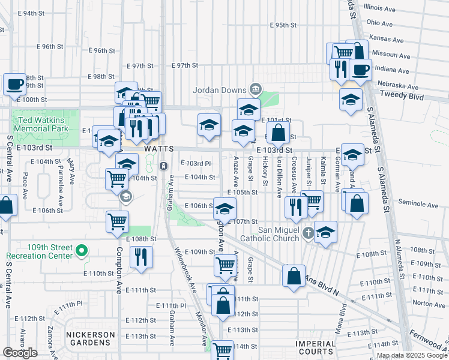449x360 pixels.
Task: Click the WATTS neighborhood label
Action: (x=158, y=149)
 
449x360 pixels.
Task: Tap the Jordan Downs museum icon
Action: (x=256, y=89)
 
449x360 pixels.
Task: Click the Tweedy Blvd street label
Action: (x=403, y=97)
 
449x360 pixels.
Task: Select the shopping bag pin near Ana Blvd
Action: (x=294, y=275)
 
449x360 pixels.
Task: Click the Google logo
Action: (x=20, y=353)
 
